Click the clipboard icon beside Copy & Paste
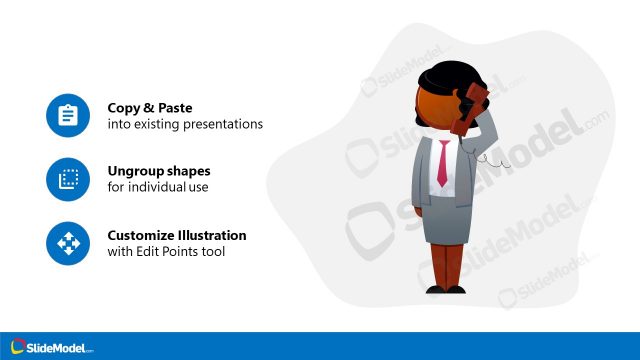67,116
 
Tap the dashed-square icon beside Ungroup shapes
67,180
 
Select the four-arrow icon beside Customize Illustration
67,243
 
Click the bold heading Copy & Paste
150,107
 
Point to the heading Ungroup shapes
159,170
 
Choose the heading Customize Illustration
177,235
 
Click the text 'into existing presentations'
185,125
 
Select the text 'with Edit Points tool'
166,252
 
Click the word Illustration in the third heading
212,235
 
